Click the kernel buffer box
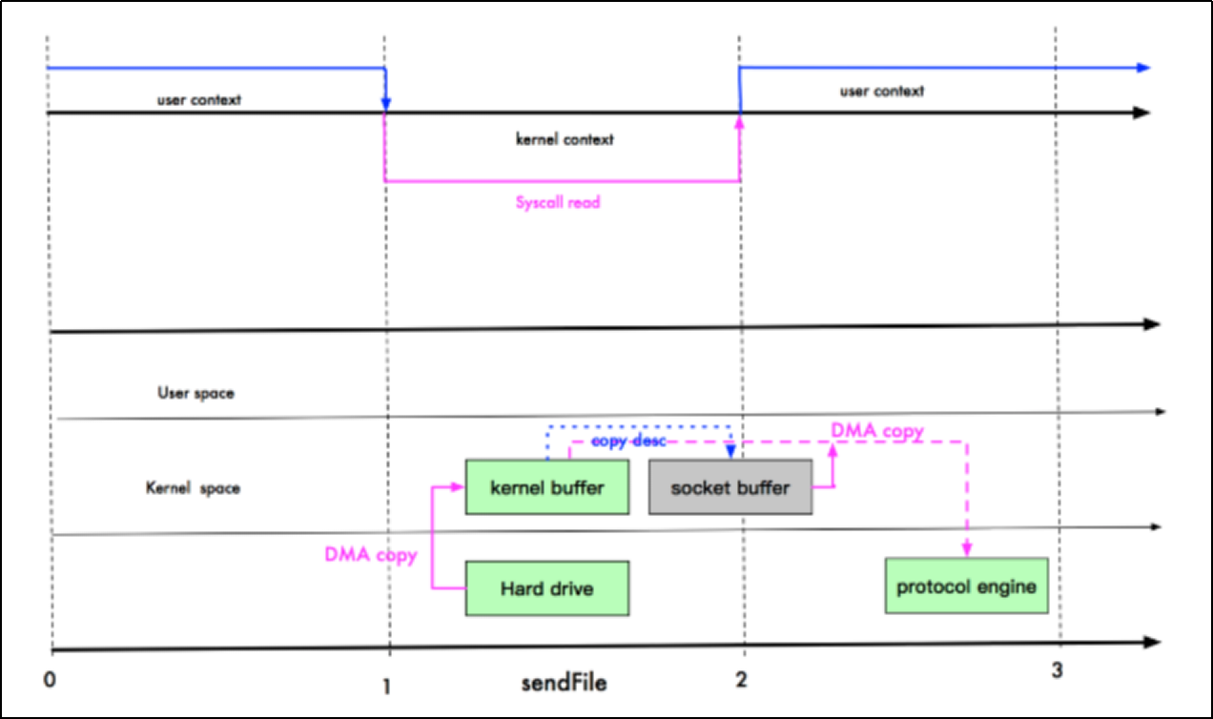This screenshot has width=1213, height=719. (547, 487)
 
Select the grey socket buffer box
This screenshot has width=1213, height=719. (730, 487)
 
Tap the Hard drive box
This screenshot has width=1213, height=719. (547, 588)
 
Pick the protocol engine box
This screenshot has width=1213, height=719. (966, 585)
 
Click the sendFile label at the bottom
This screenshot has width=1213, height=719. (564, 683)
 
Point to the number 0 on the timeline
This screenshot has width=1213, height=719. (50, 678)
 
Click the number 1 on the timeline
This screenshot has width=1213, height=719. (386, 683)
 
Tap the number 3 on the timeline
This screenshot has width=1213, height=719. (1057, 670)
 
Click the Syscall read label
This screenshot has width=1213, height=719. (558, 202)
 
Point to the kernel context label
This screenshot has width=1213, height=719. (565, 139)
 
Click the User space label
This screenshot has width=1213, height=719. (195, 392)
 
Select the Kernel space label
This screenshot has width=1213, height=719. (193, 488)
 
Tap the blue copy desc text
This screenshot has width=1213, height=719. (627, 442)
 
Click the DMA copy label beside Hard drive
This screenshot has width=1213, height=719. (370, 555)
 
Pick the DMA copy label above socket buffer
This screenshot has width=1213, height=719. (877, 431)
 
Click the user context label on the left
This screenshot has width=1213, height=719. (199, 98)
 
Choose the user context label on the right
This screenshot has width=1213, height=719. (881, 92)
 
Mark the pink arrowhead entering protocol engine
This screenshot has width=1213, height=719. (966, 550)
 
